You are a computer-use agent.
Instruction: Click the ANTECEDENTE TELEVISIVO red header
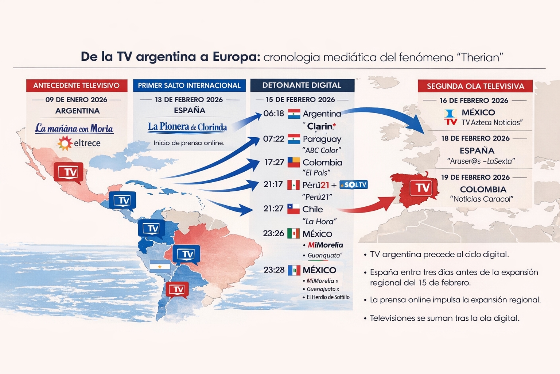click(77, 85)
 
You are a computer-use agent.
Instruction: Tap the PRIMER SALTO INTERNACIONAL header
click(189, 85)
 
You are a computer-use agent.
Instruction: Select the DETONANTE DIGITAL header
click(302, 85)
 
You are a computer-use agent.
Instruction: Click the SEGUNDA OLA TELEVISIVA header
click(475, 86)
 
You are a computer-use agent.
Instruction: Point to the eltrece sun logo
click(65, 143)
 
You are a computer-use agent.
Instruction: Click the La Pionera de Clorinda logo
click(187, 127)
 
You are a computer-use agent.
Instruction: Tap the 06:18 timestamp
click(273, 114)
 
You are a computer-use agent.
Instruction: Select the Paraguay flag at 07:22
click(294, 139)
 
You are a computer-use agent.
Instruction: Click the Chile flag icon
click(293, 209)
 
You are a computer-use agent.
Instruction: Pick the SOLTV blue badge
click(353, 185)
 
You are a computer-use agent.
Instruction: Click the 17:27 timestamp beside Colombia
click(274, 162)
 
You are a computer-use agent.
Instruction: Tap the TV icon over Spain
click(423, 188)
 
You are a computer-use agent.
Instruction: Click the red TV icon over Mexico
click(68, 172)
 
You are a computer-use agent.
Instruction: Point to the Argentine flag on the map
click(160, 266)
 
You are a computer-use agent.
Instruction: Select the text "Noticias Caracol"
click(482, 199)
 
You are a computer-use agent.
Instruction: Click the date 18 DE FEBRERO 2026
click(475, 138)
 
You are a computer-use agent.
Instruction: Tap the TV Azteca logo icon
click(451, 117)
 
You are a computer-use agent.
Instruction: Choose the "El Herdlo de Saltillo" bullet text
click(328, 297)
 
